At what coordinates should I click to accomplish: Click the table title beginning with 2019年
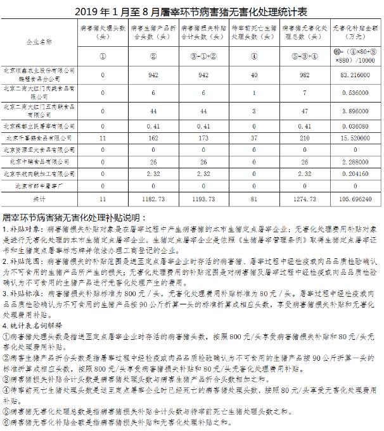(193, 11)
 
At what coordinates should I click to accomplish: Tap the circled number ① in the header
(103, 55)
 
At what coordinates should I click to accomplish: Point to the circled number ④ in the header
(254, 55)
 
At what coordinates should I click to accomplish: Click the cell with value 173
(204, 137)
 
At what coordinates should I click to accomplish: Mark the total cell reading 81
(254, 199)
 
